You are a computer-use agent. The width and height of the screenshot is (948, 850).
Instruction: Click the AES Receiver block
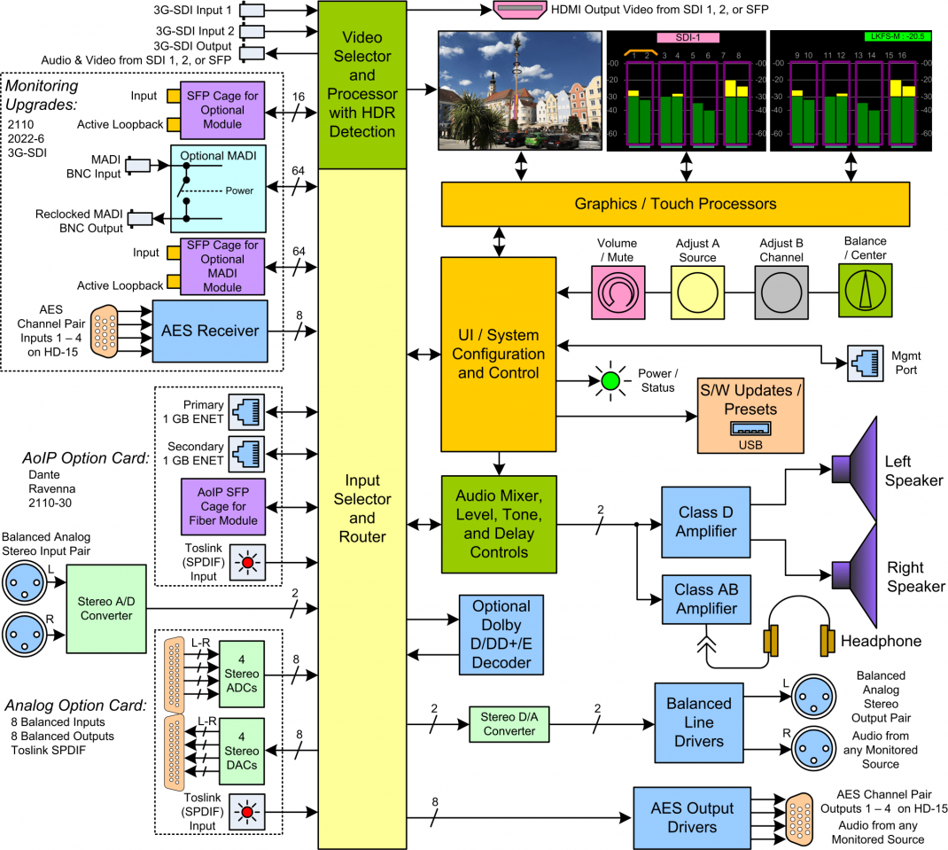tap(210, 331)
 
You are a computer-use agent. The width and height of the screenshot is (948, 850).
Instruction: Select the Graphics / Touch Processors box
tap(675, 204)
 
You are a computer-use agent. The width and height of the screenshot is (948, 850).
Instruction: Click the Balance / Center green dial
tap(864, 291)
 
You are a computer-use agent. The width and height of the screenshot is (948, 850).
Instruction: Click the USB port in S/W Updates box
tap(750, 429)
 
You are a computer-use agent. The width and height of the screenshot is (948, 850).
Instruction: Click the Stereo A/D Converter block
tap(106, 607)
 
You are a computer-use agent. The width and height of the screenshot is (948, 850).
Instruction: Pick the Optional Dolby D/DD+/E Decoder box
tap(501, 634)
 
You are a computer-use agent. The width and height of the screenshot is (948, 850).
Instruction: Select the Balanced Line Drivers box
tap(698, 721)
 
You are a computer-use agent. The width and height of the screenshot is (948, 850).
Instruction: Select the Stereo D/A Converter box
tap(509, 723)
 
